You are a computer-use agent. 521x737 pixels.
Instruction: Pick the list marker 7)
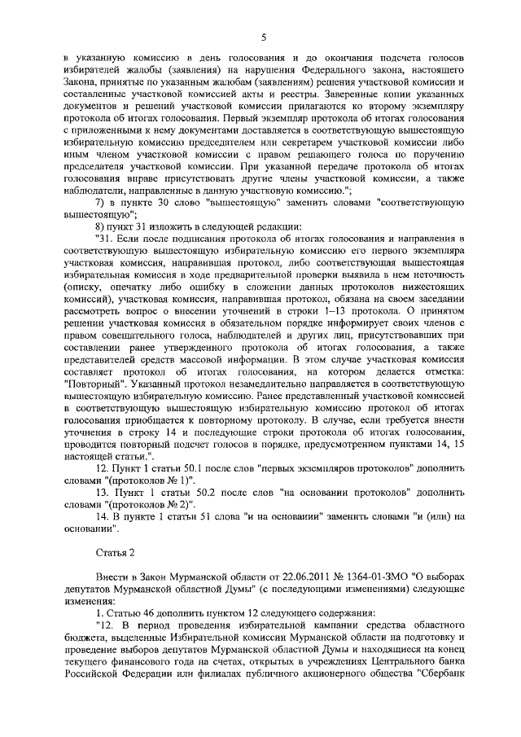click(99, 200)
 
